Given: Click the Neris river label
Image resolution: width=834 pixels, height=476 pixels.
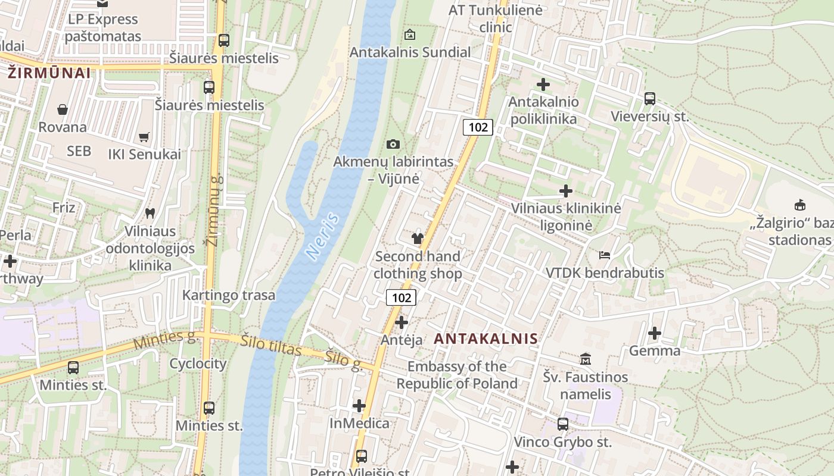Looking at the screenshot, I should (323, 236).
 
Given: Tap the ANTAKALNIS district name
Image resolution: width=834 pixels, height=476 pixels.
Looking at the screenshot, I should (486, 339).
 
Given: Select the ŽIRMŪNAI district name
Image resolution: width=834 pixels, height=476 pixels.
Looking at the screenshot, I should (49, 73).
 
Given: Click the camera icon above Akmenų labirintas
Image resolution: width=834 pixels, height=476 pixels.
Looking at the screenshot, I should (393, 144).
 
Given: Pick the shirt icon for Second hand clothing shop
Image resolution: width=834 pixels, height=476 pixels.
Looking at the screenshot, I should (417, 239).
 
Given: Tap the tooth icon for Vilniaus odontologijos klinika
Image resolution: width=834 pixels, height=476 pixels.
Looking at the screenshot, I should (150, 212).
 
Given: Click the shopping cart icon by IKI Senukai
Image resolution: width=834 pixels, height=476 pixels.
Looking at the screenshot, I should (144, 137).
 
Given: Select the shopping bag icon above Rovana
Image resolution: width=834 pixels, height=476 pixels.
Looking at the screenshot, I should (62, 109).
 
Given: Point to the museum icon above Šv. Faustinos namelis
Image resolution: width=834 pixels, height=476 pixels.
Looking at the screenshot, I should (586, 359).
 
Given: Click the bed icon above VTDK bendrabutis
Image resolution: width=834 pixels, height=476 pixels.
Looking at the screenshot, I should (605, 255).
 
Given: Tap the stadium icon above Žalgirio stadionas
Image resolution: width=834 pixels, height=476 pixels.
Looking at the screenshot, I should (799, 205).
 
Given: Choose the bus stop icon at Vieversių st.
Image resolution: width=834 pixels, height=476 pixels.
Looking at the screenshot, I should (649, 98).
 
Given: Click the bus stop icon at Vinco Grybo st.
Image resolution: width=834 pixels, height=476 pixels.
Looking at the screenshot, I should (562, 424).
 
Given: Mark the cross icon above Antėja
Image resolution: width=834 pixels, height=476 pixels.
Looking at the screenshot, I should (402, 322).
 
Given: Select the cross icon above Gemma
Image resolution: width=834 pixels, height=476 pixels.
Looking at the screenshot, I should (654, 333).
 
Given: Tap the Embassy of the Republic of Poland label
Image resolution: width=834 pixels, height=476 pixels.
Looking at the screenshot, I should (457, 375).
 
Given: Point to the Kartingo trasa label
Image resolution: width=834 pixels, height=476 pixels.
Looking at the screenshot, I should (229, 295).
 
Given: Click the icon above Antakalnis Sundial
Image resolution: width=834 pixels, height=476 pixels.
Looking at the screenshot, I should (409, 35).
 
